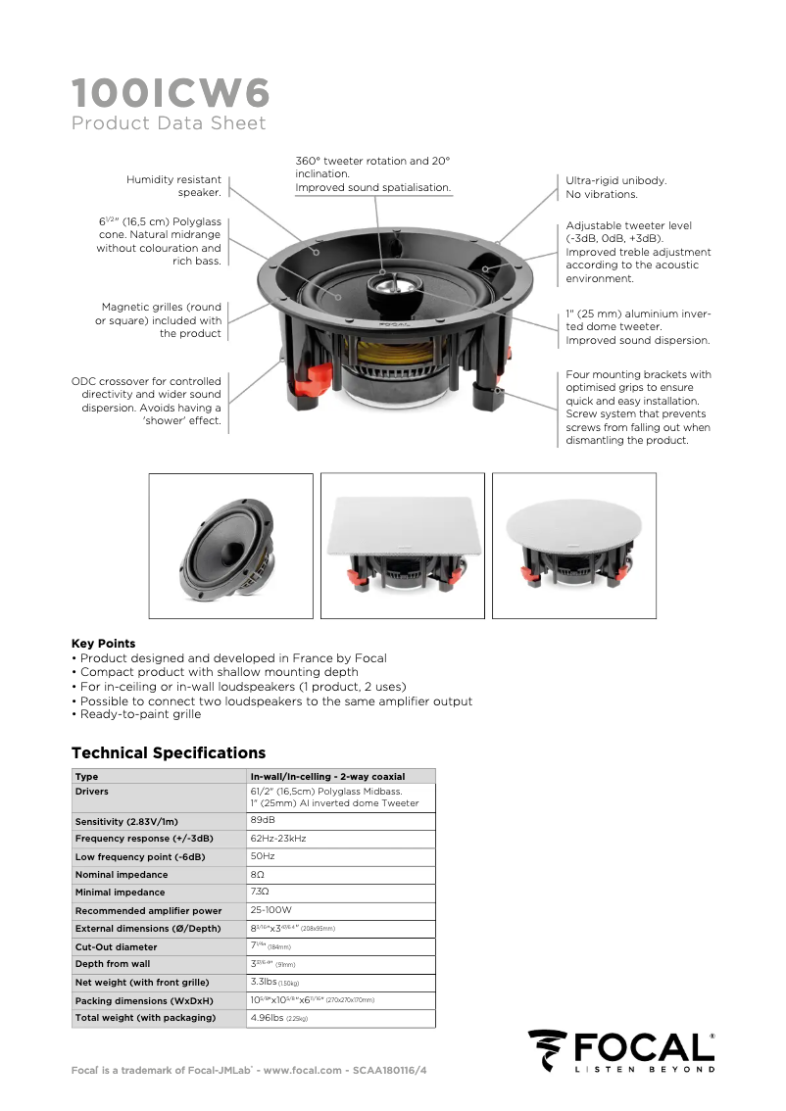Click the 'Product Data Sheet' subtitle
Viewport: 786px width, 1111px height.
pyautogui.click(x=169, y=123)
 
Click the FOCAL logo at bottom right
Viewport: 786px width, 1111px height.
pyautogui.click(x=620, y=1051)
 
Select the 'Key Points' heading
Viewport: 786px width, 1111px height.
pyautogui.click(x=104, y=644)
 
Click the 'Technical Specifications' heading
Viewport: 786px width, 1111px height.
pyautogui.click(x=169, y=753)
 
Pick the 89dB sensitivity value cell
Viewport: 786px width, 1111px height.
pyautogui.click(x=263, y=820)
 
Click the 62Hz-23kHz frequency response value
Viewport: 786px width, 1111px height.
pyautogui.click(x=278, y=839)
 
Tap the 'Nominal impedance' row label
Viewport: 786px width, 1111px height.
pyautogui.click(x=122, y=875)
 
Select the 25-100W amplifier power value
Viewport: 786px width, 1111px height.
pyautogui.click(x=271, y=910)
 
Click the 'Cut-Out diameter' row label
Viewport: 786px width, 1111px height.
pyautogui.click(x=116, y=947)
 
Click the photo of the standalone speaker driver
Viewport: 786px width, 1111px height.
pyautogui.click(x=230, y=546)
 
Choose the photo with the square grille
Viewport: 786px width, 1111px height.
pyautogui.click(x=403, y=546)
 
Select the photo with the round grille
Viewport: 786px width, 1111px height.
pyautogui.click(x=574, y=546)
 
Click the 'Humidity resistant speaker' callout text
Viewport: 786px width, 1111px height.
pyautogui.click(x=173, y=186)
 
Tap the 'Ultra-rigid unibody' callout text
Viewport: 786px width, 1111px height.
pyautogui.click(x=616, y=187)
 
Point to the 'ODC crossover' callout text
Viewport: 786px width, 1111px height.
pyautogui.click(x=147, y=401)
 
